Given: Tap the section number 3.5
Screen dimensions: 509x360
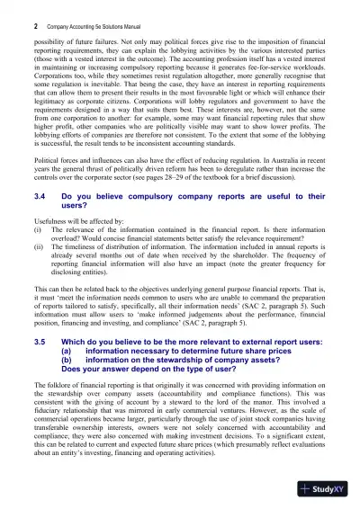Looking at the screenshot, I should [x=39, y=343].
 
